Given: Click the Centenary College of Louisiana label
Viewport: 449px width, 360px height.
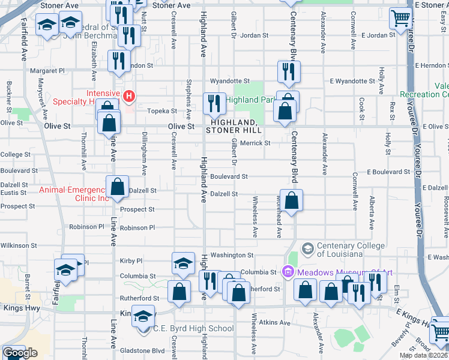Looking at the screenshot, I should click(x=351, y=250).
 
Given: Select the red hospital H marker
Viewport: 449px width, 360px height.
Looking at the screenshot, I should click(x=128, y=96).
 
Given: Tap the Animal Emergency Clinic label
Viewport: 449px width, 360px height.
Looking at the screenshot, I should click(x=74, y=194).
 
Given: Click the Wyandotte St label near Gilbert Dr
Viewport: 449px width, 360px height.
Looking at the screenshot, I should click(x=229, y=81).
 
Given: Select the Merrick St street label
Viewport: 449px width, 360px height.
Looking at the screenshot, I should click(x=256, y=143).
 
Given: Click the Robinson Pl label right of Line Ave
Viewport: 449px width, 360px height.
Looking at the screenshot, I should click(x=137, y=228).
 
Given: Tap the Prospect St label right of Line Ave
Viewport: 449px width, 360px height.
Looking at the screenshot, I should click(x=137, y=209).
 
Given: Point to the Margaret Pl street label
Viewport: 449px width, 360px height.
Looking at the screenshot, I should click(x=47, y=71).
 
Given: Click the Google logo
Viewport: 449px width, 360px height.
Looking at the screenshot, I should click(x=20, y=353).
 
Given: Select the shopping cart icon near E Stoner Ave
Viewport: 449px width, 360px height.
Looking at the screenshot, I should click(x=400, y=18).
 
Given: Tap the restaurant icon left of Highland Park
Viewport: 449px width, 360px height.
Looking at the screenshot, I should click(x=214, y=104).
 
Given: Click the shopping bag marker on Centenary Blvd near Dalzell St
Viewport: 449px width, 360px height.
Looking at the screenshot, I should click(x=291, y=201).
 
